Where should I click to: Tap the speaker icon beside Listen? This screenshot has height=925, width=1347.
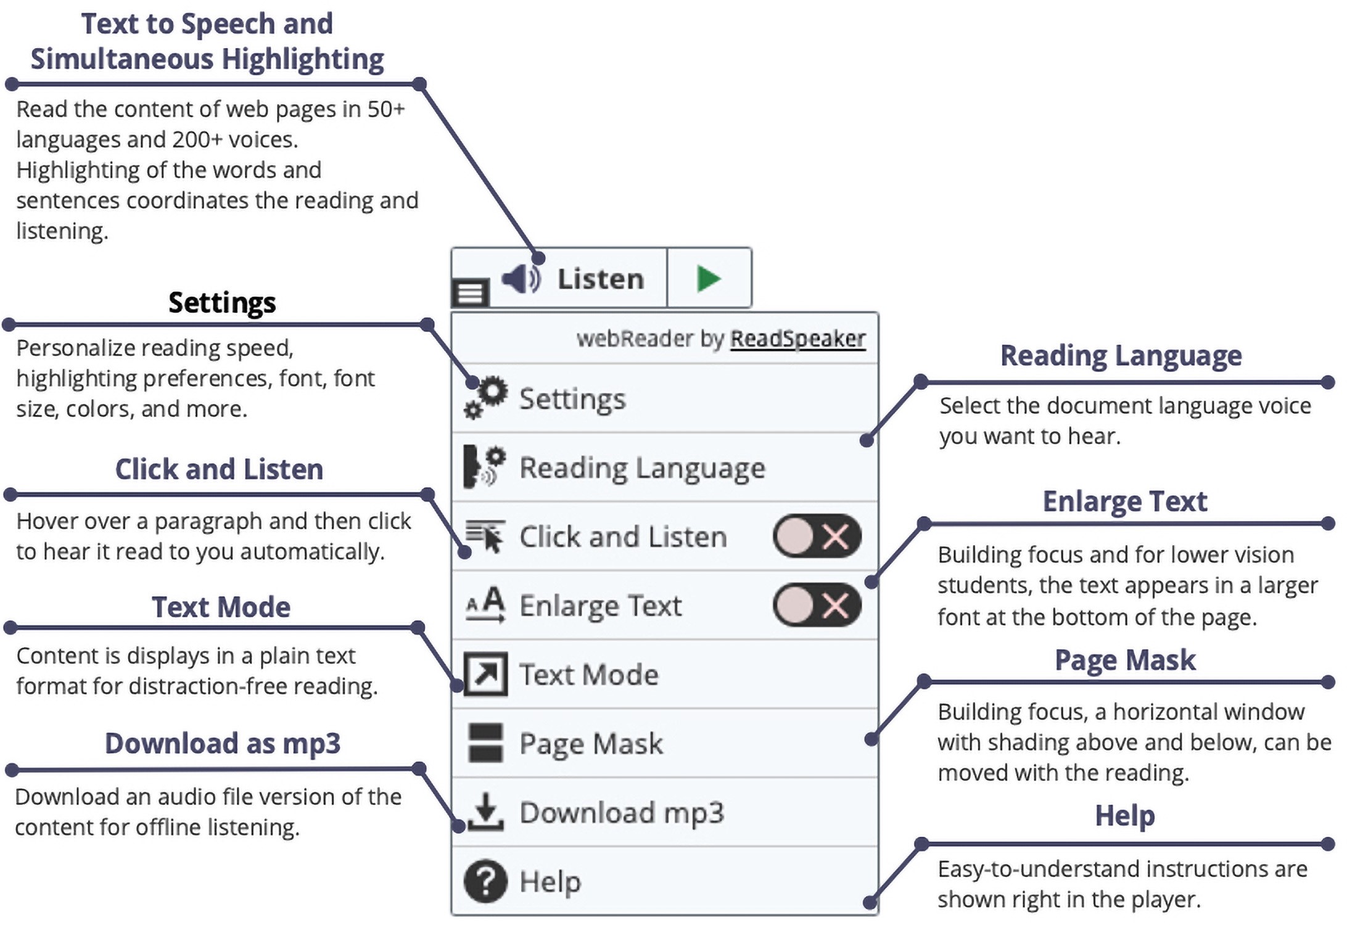tap(521, 279)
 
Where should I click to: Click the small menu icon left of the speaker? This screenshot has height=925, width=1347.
tap(470, 294)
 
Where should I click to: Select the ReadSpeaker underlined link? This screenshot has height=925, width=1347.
tap(798, 339)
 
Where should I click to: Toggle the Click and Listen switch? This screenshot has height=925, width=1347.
tap(817, 536)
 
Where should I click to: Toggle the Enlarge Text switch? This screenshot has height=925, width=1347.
tap(817, 605)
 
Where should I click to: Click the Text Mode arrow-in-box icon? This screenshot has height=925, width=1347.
tap(485, 674)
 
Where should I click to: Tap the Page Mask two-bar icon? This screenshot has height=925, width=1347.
tap(485, 742)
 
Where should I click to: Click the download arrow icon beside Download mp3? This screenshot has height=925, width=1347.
tap(485, 812)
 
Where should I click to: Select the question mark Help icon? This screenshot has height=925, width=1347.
tap(485, 881)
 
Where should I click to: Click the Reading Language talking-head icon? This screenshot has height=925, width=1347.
tap(485, 466)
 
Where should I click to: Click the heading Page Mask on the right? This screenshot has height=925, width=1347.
tap(1125, 660)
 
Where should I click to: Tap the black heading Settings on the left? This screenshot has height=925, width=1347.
tap(222, 303)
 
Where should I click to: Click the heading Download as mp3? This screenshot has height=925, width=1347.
tap(223, 743)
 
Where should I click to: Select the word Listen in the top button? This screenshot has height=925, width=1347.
tap(601, 279)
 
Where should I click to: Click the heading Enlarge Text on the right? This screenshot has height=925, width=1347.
tap(1125, 501)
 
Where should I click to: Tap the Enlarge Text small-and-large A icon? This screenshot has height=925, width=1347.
tap(485, 605)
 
